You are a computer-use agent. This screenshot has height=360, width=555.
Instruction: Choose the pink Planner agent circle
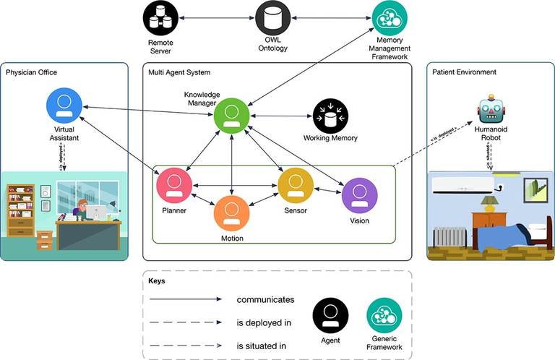click(174, 186)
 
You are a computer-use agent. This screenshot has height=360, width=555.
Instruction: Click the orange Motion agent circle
click(231, 213)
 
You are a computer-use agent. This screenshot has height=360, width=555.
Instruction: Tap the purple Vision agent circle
click(358, 195)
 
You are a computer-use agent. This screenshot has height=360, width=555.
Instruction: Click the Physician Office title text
click(31, 72)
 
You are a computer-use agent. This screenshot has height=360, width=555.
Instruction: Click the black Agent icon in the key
click(330, 317)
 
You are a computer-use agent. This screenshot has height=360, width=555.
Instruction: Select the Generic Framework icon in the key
click(385, 317)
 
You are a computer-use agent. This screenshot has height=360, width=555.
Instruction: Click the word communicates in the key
click(265, 299)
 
